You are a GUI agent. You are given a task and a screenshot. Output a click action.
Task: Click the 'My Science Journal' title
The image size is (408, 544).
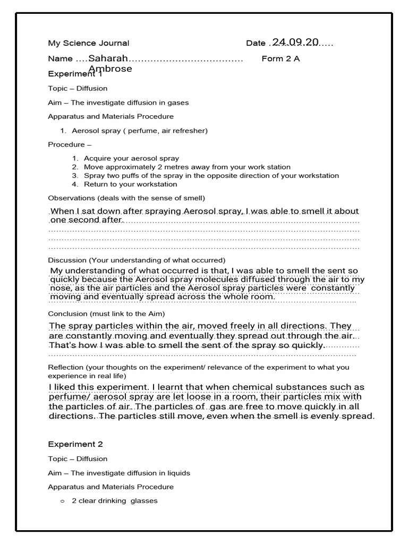coord(88,43)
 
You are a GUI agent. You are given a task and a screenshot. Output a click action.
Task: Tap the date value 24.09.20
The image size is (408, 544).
coord(294,42)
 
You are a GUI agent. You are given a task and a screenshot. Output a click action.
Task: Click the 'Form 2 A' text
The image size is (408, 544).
coord(280,58)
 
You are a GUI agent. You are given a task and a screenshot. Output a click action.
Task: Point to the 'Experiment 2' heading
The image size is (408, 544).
coord(75,444)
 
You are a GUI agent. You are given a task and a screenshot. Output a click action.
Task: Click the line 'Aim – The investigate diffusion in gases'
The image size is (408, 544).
coord(118,103)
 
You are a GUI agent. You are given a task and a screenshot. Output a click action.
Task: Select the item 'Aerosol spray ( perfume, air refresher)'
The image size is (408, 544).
coord(139,130)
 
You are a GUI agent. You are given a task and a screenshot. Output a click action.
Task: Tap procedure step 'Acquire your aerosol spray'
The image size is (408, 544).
coord(131,158)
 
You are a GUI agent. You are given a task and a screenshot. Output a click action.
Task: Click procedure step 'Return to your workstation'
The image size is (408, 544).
coord(130,184)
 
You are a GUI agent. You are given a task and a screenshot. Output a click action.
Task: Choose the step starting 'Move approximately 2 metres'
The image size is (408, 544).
coord(187,167)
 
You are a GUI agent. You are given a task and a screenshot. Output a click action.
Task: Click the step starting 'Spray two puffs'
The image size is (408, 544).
coord(211,175)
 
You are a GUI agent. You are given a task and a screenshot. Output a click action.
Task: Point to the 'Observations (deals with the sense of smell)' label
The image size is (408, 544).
coord(126,198)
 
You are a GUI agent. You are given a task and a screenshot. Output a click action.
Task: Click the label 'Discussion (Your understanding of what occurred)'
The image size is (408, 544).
coord(137,260)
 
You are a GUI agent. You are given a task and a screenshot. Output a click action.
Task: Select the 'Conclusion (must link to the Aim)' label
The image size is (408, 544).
coord(106,313)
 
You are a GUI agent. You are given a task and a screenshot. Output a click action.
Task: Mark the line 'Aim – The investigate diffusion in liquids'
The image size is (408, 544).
coord(119,473)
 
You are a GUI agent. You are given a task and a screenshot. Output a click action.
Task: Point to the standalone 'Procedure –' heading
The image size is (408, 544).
coord(70,144)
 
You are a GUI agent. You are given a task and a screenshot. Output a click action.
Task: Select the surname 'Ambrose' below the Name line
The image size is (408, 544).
coord(110,69)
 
